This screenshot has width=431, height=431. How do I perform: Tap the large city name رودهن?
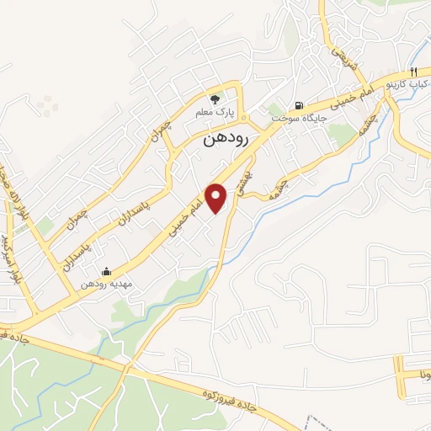tap(225, 141)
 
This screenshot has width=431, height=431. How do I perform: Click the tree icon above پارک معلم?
tap(216, 98)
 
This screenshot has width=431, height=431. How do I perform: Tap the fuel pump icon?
tap(299, 105)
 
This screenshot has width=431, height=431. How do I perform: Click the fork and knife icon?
tap(414, 72)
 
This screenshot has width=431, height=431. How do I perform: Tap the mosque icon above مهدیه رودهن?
tap(106, 271)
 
